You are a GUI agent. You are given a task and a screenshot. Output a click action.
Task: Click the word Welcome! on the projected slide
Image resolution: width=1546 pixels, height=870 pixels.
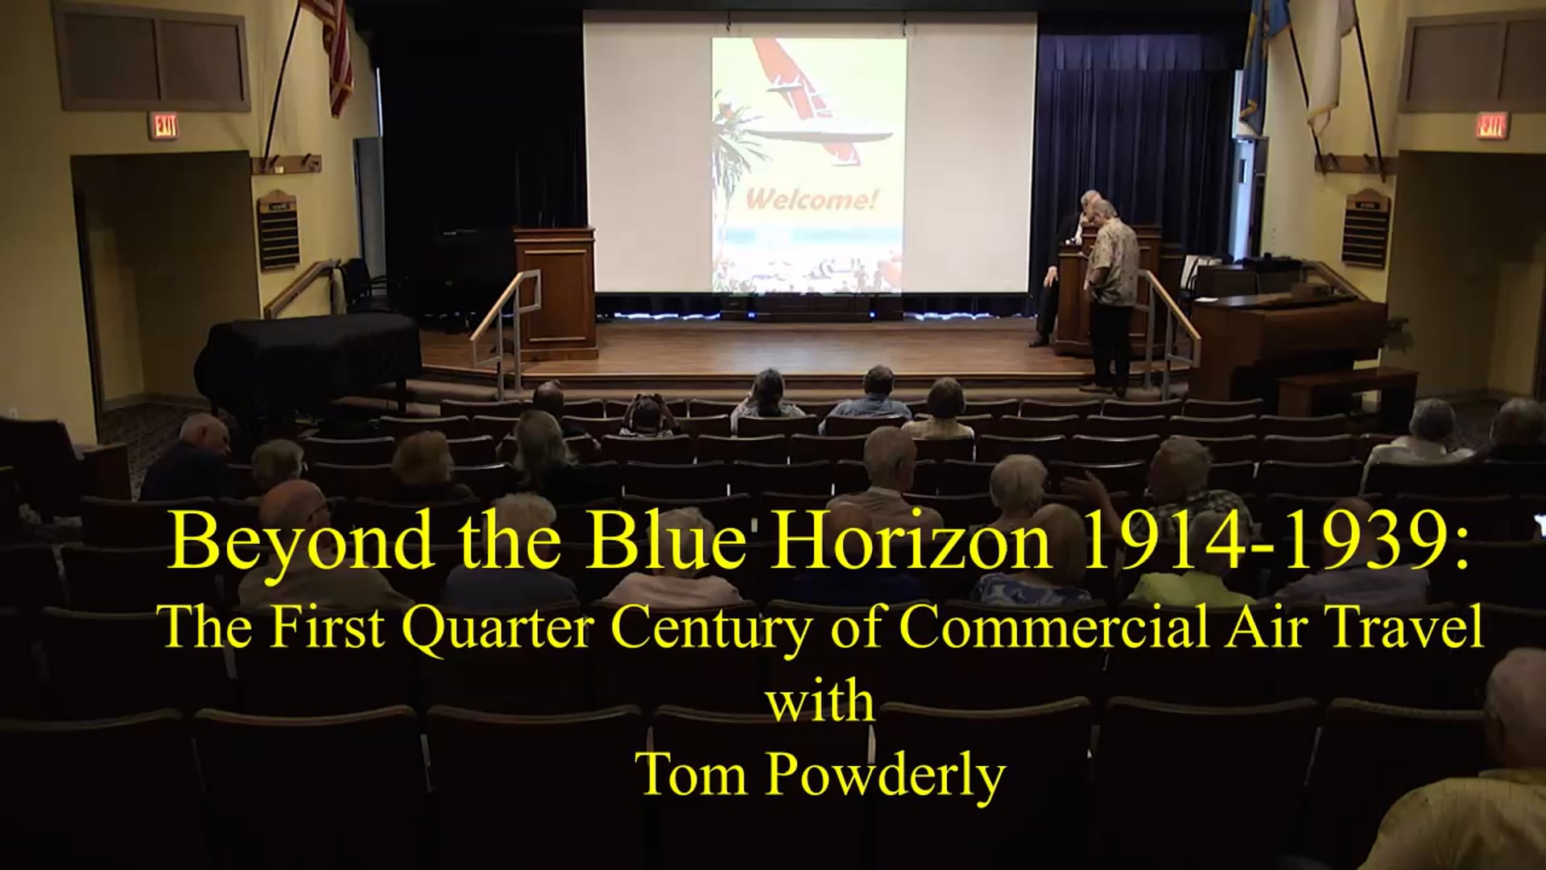click(809, 199)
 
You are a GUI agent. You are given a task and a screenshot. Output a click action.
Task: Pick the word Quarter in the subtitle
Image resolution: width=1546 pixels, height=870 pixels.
click(501, 629)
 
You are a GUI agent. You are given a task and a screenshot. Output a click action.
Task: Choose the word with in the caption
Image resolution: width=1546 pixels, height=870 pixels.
click(820, 702)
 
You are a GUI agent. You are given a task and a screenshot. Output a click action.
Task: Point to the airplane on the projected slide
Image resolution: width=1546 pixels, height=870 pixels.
click(805, 97)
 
